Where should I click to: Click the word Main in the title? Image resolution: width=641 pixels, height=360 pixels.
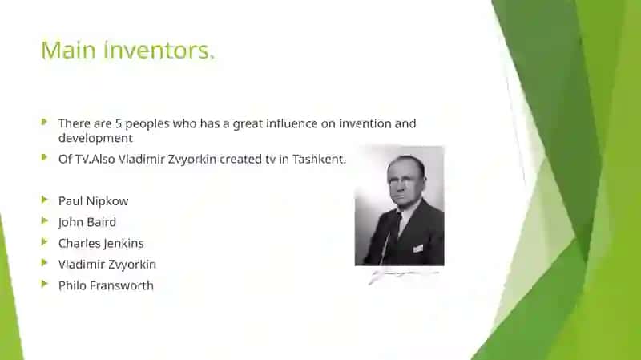point(69,50)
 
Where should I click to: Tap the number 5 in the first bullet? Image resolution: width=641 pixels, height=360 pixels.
point(118,123)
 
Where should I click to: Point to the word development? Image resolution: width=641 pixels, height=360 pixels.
point(95,138)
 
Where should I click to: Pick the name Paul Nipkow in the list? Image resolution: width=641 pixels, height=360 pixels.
point(93,201)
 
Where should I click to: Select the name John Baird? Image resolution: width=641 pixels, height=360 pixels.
point(87,222)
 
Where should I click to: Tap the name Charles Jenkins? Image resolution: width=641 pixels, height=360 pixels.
point(101,244)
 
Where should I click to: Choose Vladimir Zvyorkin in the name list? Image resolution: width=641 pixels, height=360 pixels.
point(107,265)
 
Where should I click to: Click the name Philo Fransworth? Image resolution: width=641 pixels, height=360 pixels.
point(106,285)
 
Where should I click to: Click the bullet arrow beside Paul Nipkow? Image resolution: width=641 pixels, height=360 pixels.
point(45,200)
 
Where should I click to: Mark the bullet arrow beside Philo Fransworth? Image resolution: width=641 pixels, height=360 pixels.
point(45,284)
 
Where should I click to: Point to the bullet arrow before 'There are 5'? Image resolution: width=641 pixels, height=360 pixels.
point(45,122)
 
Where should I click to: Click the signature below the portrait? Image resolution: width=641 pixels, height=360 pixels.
point(403,276)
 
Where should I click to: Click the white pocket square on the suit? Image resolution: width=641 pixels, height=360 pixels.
point(417,248)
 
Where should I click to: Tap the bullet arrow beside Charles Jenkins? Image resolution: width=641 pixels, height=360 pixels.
point(45,242)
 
